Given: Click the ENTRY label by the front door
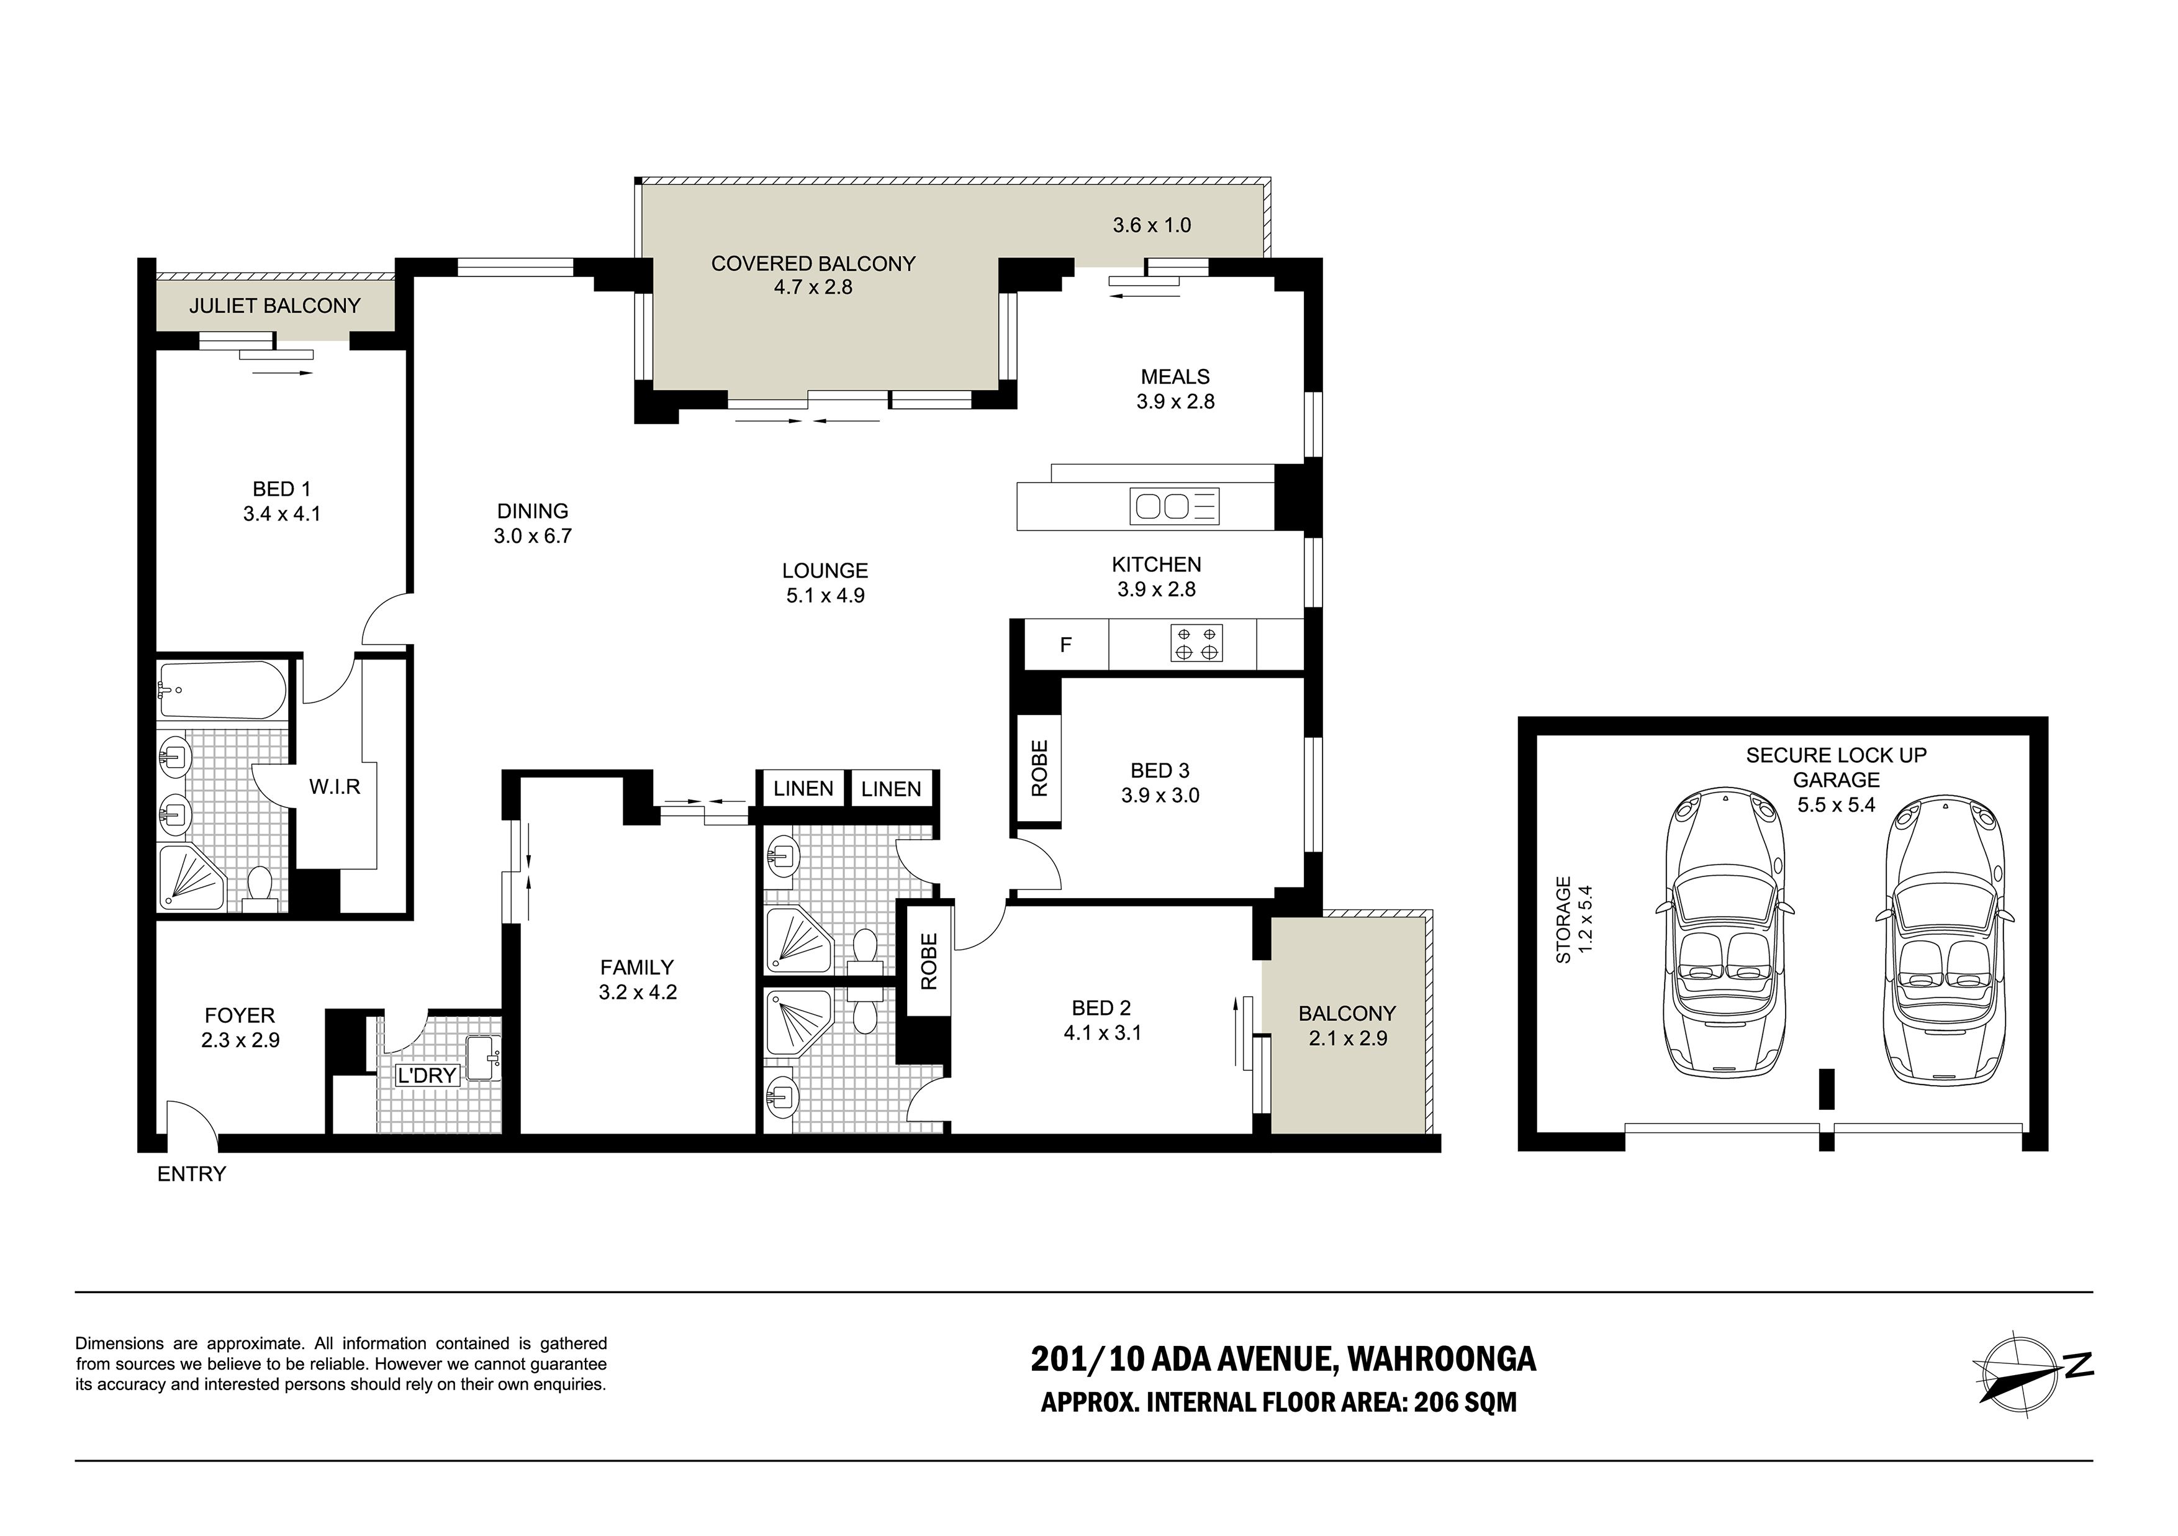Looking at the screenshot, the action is pos(192,1175).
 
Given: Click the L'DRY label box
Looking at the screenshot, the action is pos(428,1075).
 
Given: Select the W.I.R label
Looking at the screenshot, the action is pos(335,786).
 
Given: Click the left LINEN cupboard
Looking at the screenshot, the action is pos(803,788).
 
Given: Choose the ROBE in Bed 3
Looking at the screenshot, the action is pos(1039,768).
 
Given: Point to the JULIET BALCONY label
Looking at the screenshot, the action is pos(274,306).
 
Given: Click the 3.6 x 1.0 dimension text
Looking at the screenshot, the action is pos(1152,226).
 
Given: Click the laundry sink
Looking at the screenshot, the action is pos(483,1059).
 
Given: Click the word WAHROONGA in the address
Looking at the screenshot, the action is pos(1441,1360).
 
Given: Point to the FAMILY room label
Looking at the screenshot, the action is pos(636,968).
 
